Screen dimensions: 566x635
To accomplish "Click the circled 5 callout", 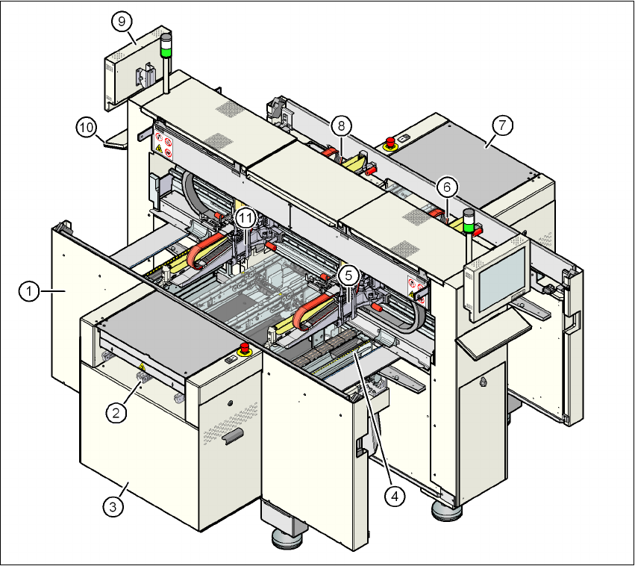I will (348, 274).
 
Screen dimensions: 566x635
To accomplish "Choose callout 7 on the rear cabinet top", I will (502, 125).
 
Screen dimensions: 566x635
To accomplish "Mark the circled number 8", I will (340, 125).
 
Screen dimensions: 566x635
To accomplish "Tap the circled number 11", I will (247, 217).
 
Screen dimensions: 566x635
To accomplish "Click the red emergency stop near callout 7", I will (390, 142).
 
